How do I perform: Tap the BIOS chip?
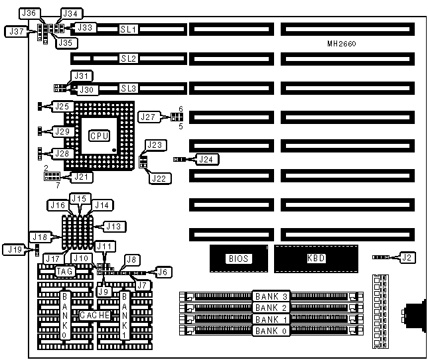tap(236, 259)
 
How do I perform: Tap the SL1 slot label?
tap(128, 29)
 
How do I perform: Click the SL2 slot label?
tap(128, 59)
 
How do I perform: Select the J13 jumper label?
tap(115, 227)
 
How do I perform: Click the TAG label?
tap(64, 271)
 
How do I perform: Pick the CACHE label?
tap(95, 316)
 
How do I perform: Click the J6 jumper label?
tap(162, 270)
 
